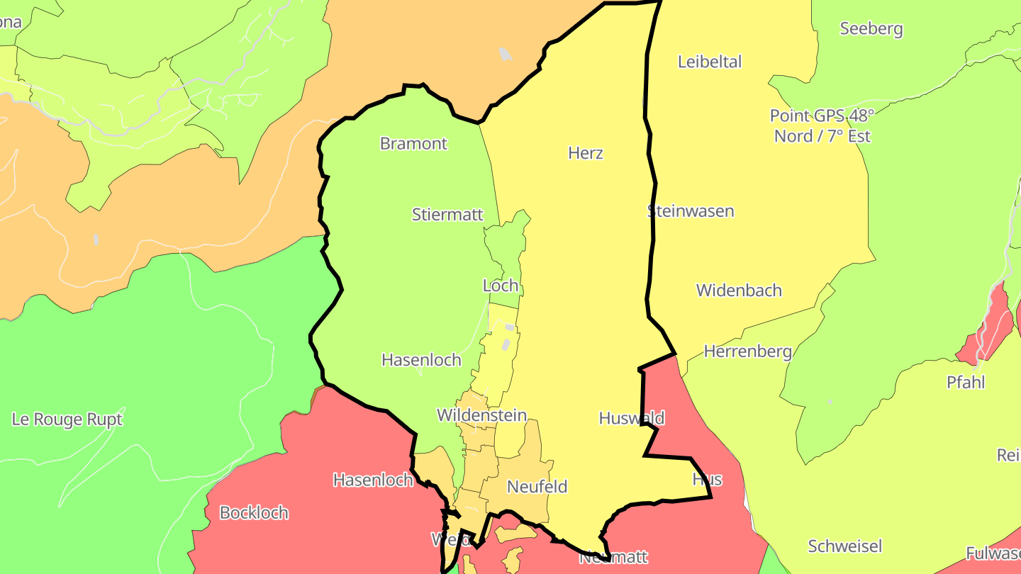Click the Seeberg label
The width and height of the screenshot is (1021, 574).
pos(871,28)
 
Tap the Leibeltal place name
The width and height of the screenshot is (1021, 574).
pos(709,62)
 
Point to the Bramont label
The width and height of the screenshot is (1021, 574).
pos(413,143)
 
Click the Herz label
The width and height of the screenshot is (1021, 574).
pos(586,152)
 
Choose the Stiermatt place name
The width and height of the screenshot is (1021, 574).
pos(447,214)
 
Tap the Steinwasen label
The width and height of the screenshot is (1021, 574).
pos(691,210)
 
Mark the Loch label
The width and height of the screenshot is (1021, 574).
pos(501,286)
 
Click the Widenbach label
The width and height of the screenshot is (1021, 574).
pos(739,290)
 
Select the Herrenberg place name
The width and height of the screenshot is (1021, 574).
pos(747,351)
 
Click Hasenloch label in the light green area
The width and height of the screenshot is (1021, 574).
pos(421,359)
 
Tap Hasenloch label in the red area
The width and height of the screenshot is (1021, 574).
pos(373,480)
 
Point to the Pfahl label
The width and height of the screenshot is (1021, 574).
pos(966,382)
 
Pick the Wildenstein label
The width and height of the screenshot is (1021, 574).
pos(481,415)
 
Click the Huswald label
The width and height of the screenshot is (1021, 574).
pos(631,417)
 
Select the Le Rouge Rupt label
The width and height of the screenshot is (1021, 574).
pos(67,419)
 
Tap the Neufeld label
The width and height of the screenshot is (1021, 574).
pos(537,486)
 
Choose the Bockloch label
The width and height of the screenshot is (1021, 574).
pos(254,512)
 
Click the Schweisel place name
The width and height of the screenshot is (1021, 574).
pos(845,546)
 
